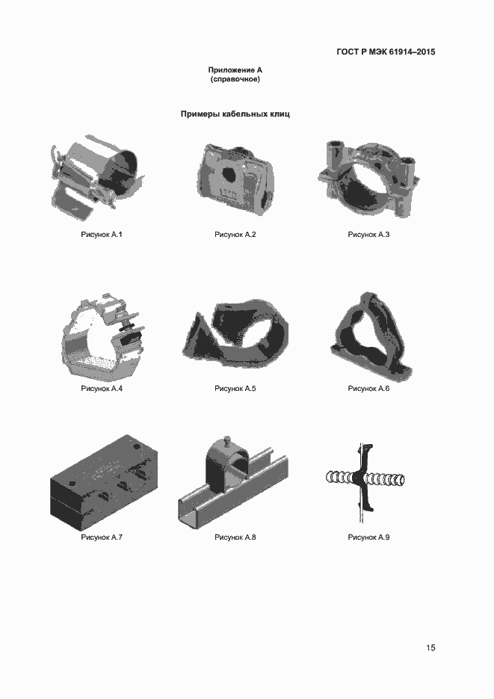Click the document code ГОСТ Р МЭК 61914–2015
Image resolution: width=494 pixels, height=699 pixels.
[x=386, y=52]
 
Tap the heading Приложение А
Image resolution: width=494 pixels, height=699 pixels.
[x=235, y=70]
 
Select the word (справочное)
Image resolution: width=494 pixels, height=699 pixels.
[x=235, y=79]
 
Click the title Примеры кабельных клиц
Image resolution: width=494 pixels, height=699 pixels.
[x=235, y=114]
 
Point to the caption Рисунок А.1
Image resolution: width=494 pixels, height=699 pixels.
[x=102, y=235]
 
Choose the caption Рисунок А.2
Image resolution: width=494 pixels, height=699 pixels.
[x=235, y=235]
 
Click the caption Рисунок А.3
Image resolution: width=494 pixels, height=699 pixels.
[x=369, y=235]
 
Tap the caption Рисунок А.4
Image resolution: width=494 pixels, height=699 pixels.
[x=102, y=388]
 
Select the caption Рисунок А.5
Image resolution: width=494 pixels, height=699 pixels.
[x=235, y=388]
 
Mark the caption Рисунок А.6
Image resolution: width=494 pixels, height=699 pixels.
[x=369, y=388]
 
